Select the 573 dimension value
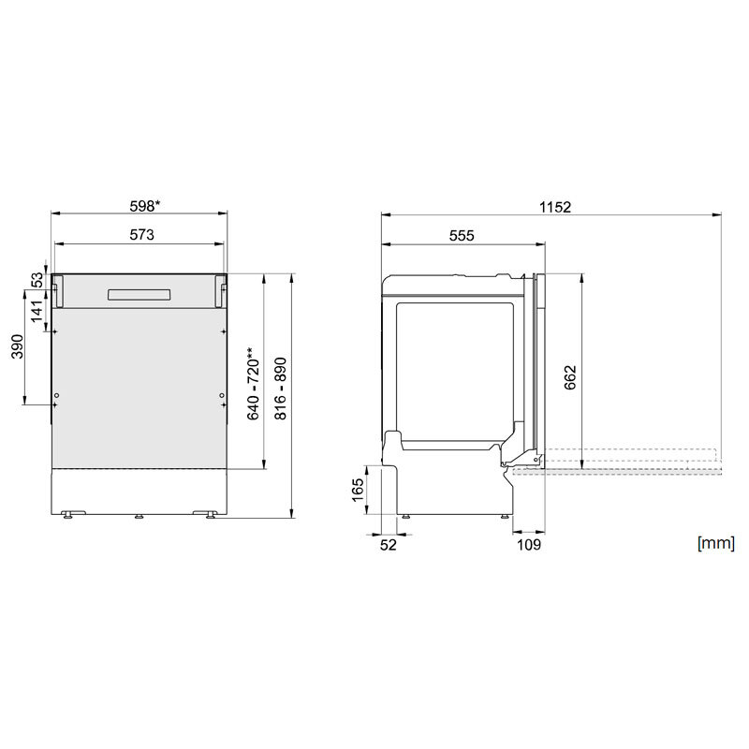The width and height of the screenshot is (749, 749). point(141,235)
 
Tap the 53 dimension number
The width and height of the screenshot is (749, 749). point(37,279)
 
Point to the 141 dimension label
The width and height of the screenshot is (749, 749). point(37,309)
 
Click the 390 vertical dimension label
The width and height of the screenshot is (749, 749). point(16,346)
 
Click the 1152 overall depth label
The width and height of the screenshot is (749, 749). point(554,207)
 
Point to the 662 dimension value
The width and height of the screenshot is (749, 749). point(570,376)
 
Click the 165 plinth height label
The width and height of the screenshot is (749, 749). point(358,491)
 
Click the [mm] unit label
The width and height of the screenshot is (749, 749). point(714,542)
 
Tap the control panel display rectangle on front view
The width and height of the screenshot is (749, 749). point(139,294)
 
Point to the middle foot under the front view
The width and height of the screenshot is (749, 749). point(139,516)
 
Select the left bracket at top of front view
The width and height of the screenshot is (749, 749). point(57,290)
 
